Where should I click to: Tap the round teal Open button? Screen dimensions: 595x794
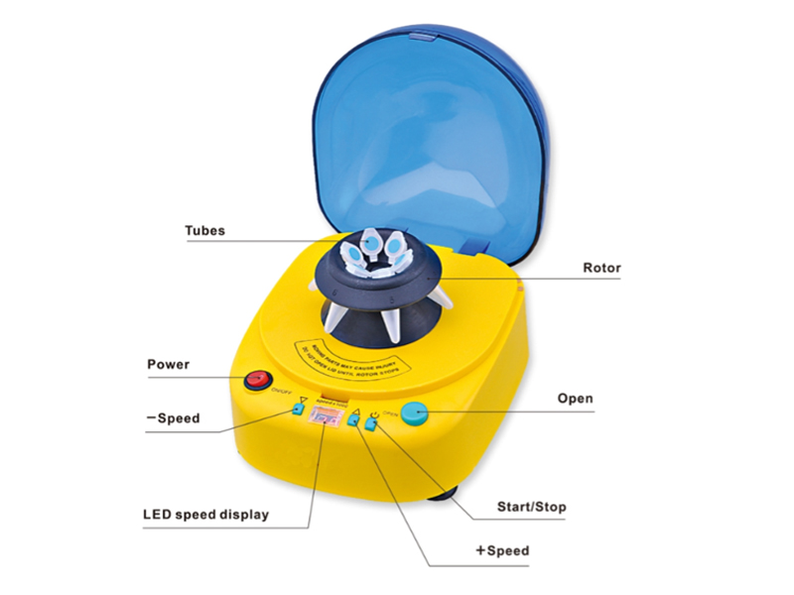click(416, 416)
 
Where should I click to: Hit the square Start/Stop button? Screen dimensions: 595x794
click(371, 426)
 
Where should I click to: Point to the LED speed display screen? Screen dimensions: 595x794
click(324, 416)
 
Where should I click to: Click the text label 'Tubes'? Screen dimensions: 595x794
click(205, 231)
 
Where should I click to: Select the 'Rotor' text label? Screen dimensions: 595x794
click(601, 268)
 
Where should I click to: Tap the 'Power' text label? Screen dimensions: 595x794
click(169, 364)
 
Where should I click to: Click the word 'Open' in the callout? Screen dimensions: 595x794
click(575, 399)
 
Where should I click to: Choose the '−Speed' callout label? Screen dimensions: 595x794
click(172, 417)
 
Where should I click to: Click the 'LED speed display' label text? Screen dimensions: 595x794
click(205, 515)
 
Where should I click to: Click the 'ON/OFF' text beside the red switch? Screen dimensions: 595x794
click(281, 392)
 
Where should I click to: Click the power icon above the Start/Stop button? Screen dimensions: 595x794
click(372, 413)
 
